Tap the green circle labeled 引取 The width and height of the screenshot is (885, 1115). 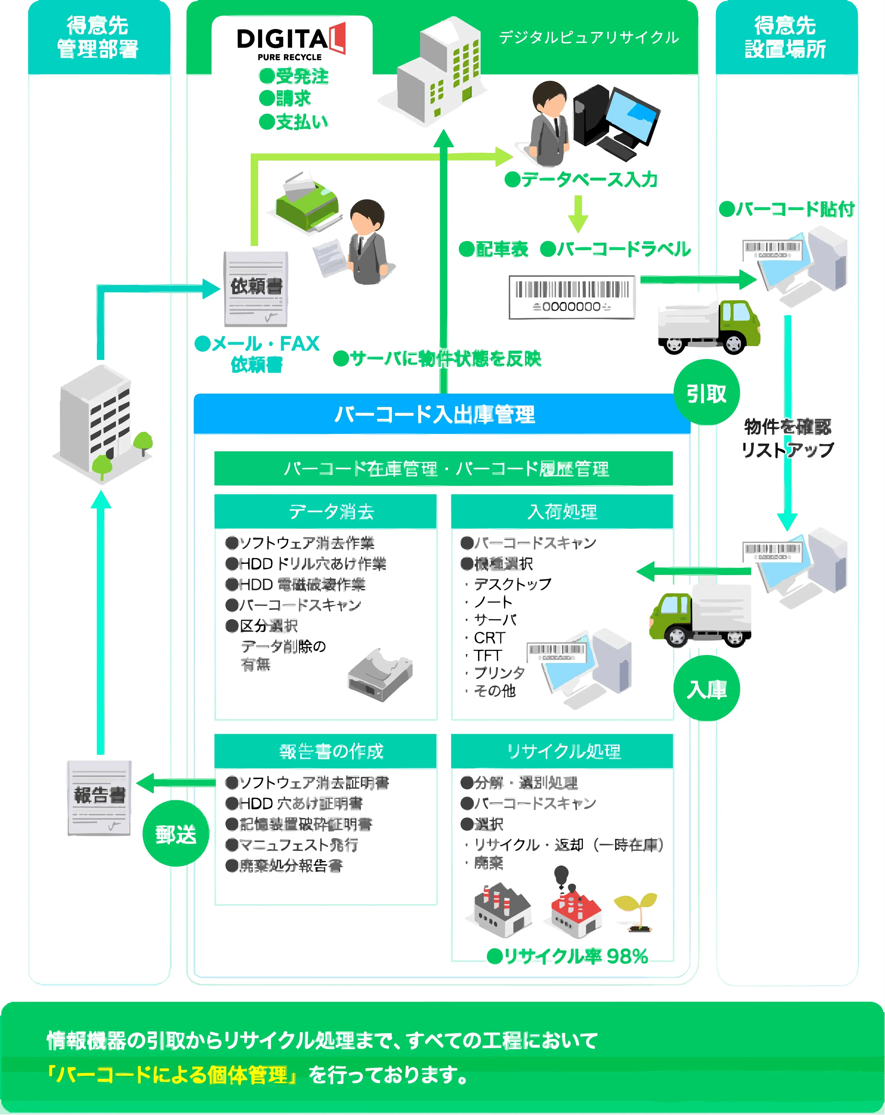tap(707, 393)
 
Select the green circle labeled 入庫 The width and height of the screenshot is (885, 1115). tap(707, 689)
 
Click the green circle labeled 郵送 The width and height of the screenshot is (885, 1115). tap(176, 834)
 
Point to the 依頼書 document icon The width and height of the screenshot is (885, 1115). tap(256, 289)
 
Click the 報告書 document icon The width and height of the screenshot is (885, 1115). tap(99, 797)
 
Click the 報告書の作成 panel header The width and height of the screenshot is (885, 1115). tap(326, 751)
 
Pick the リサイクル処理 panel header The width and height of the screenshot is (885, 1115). tap(562, 751)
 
